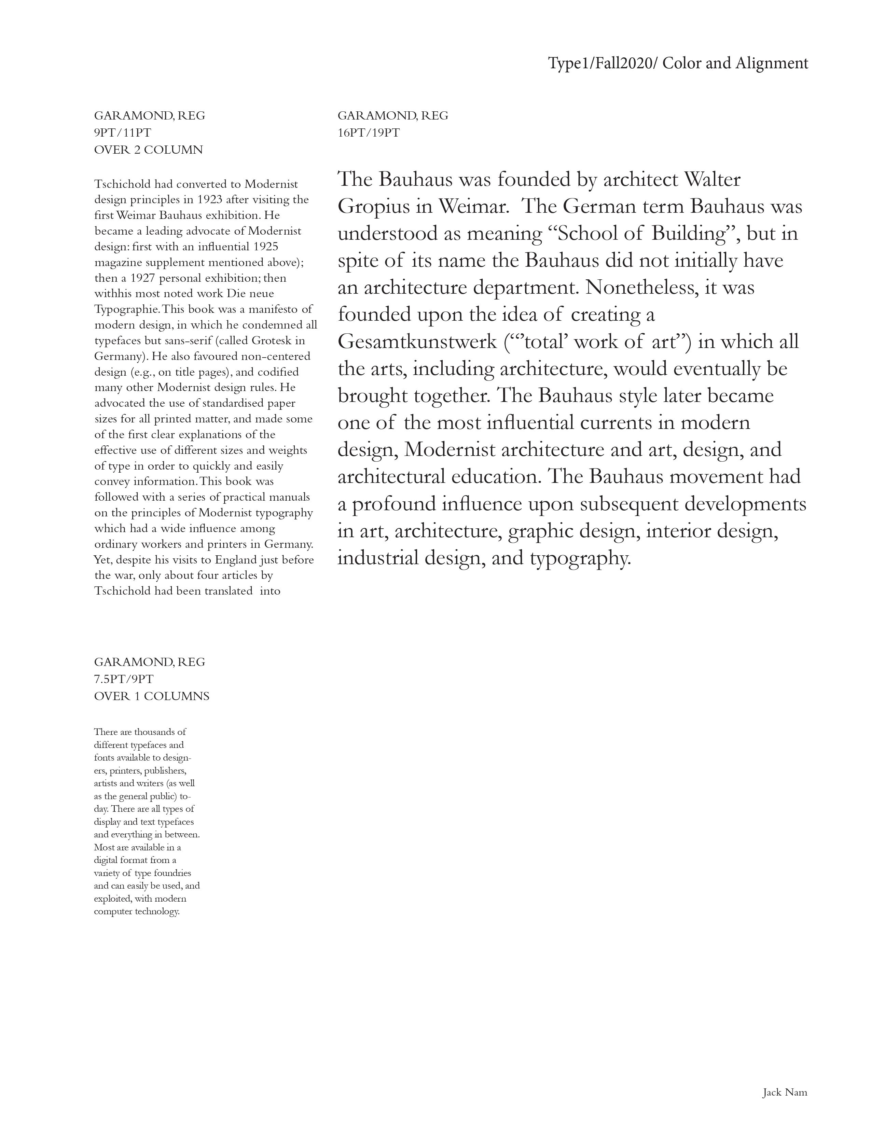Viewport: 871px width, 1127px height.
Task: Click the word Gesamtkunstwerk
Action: (x=417, y=342)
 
